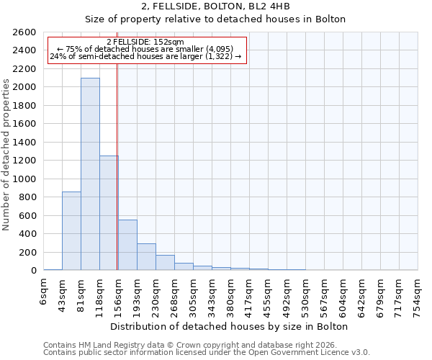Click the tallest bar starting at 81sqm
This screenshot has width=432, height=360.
pos(90,174)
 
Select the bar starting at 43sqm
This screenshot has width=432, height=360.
pos(71,230)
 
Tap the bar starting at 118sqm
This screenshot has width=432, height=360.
pos(109,213)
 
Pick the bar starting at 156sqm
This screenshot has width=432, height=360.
pos(127,245)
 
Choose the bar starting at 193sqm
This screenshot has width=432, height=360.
pos(146,257)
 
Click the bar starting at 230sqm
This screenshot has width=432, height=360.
pos(165,263)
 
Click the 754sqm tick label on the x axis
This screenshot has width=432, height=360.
pos(418,295)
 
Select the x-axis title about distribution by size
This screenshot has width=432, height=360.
pos(230,326)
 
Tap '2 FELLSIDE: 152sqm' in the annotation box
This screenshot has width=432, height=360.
pos(145,42)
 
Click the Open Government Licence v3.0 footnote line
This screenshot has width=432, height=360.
pos(207,353)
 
